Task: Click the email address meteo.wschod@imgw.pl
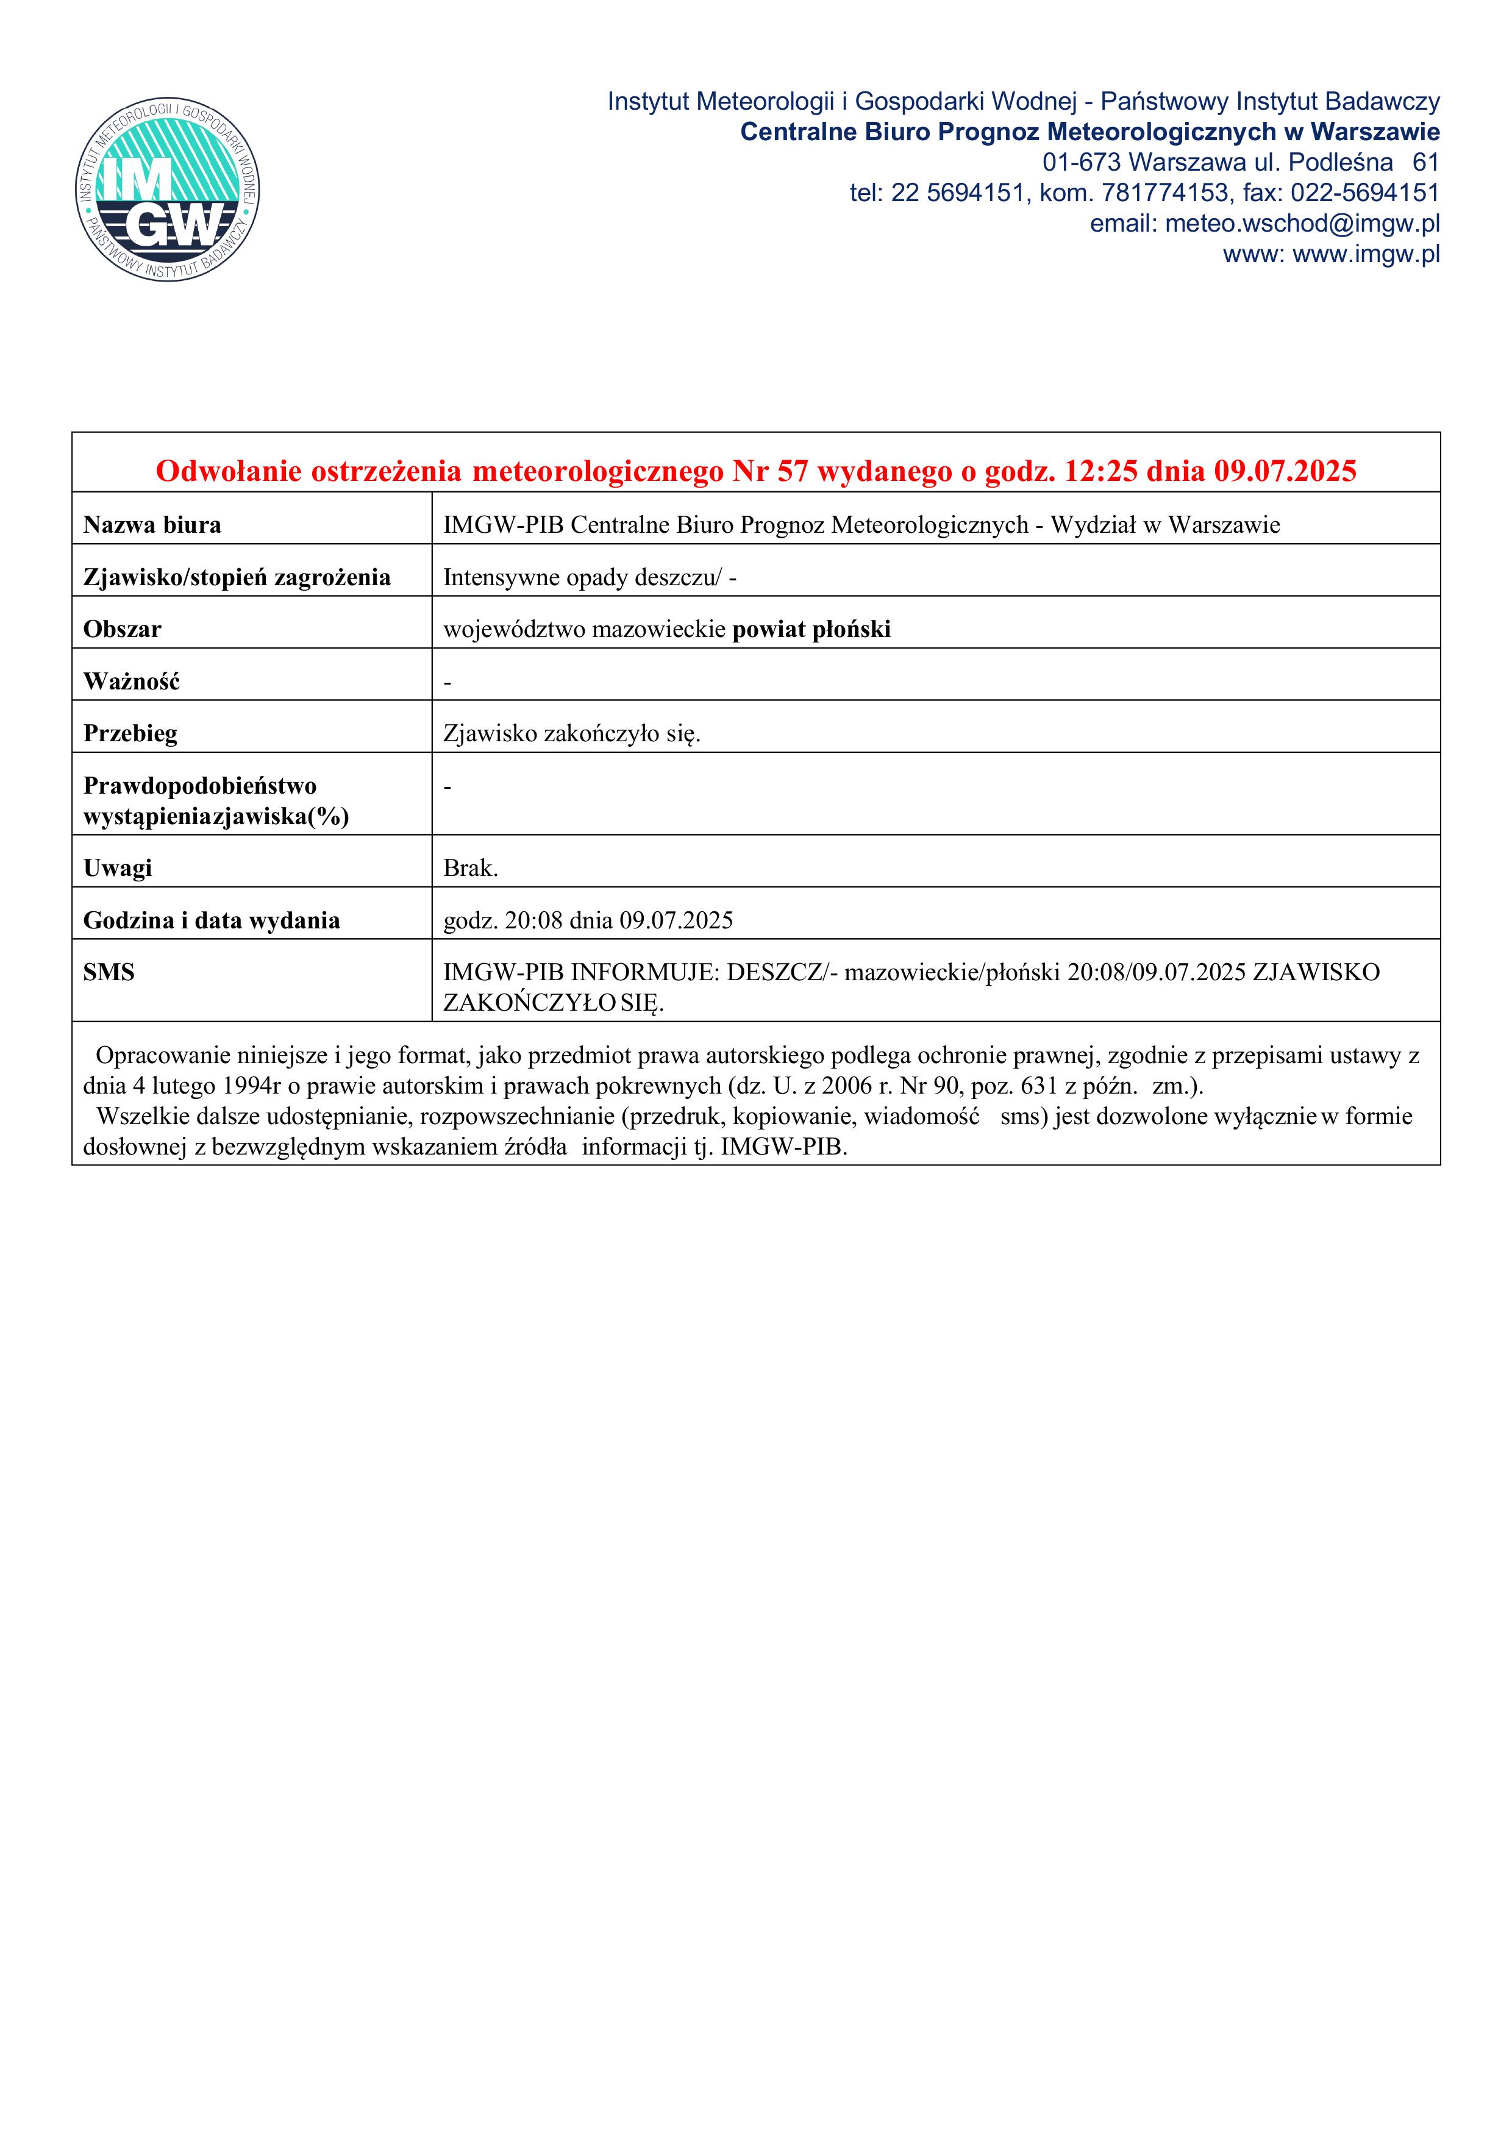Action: (x=1302, y=224)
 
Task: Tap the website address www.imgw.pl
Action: (x=1366, y=254)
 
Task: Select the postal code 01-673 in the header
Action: (x=1082, y=163)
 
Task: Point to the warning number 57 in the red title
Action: (x=793, y=471)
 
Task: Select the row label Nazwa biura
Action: (x=152, y=525)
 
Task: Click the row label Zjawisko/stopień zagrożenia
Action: (x=237, y=578)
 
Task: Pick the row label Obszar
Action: (x=122, y=630)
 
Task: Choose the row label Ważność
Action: (x=131, y=682)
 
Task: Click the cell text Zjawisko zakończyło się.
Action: (x=572, y=734)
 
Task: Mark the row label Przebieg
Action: (x=130, y=734)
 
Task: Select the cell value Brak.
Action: (x=471, y=868)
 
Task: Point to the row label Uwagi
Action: (x=118, y=868)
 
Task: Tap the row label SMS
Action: (x=109, y=973)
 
